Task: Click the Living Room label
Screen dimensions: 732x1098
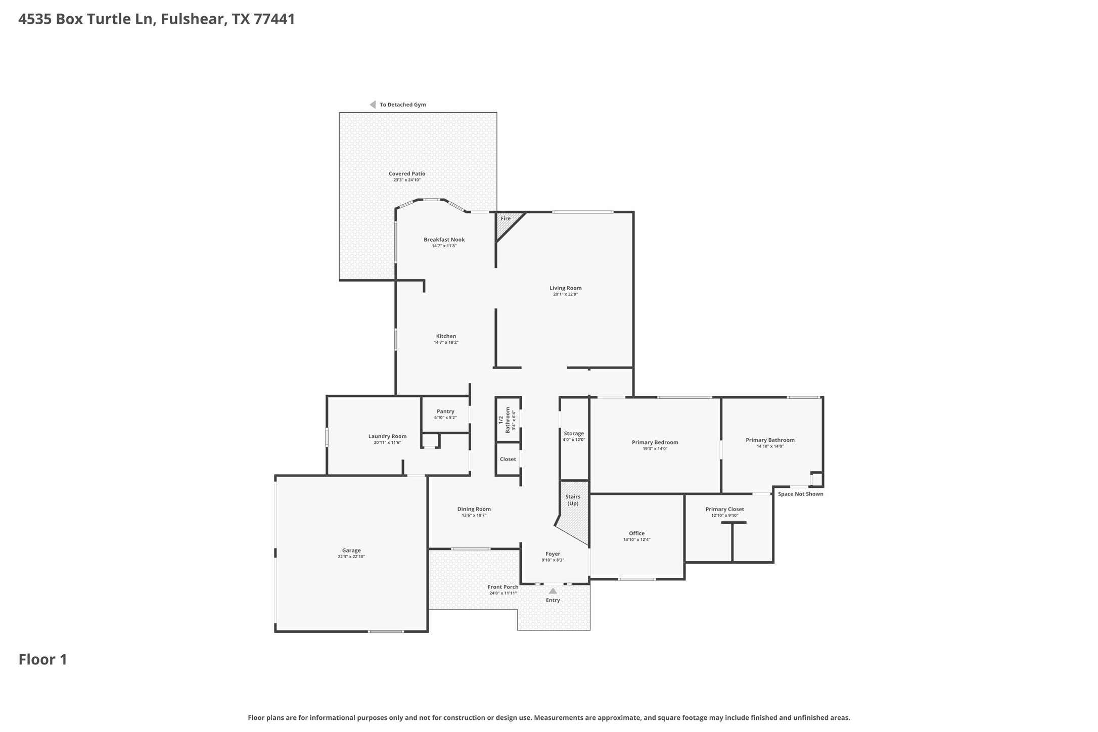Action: pos(565,288)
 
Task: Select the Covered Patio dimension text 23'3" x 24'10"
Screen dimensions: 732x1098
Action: pos(406,180)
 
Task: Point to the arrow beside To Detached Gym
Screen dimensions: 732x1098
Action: pos(373,105)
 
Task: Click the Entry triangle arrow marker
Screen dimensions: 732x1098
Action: pos(553,591)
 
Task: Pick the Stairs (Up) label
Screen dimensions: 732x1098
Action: pos(573,500)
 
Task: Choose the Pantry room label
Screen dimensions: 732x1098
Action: pos(445,411)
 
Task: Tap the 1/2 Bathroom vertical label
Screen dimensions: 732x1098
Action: pos(504,420)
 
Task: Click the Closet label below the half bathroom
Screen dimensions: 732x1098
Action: pos(508,460)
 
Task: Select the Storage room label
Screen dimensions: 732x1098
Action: pos(574,434)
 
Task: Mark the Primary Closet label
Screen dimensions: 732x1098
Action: pos(724,510)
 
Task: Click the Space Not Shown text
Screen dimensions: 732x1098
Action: pos(800,494)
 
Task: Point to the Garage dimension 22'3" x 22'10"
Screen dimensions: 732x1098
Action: pos(351,557)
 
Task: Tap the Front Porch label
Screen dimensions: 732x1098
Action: pos(502,587)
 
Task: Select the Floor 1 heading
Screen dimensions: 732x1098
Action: pos(43,660)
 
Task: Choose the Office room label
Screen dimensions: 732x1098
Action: pos(636,533)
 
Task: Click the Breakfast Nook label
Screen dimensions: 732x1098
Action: pos(444,240)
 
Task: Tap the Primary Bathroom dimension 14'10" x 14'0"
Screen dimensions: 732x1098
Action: pos(770,446)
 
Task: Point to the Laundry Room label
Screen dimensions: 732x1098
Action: pos(387,436)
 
